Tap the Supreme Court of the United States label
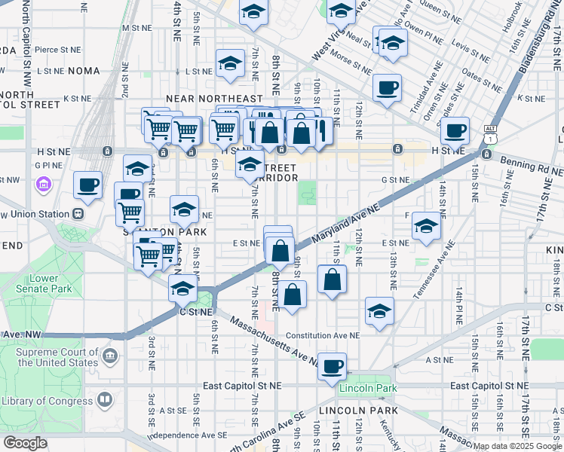[57, 357]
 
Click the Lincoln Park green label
[368, 388]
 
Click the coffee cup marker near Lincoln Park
[332, 367]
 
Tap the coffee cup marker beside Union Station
[87, 185]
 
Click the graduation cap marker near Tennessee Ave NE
[426, 226]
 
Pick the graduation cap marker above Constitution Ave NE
[379, 310]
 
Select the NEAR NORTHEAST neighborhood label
[214, 99]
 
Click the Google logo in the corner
[25, 443]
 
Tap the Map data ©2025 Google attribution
[517, 446]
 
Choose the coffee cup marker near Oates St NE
[387, 88]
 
